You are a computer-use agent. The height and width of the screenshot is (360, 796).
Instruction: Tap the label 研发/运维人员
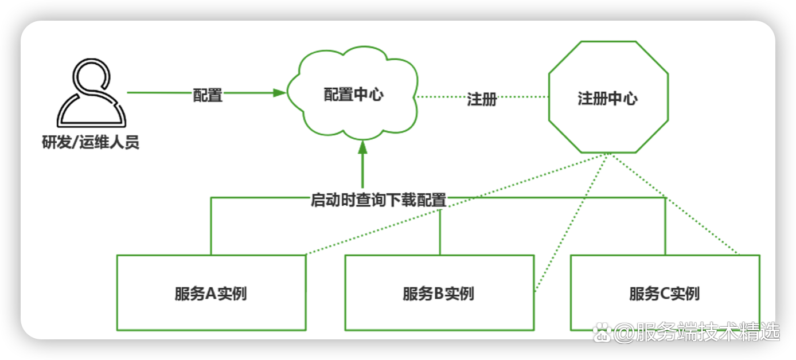[91, 142]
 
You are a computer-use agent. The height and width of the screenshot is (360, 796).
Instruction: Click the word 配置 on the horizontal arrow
[208, 96]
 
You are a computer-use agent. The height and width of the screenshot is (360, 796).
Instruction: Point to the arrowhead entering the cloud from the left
[280, 92]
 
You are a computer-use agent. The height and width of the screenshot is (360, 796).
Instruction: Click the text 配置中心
[354, 95]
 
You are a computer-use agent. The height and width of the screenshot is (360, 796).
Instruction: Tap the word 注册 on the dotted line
[482, 99]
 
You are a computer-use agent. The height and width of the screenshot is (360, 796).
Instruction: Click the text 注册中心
[607, 99]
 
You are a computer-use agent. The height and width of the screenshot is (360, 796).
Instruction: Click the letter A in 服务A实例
[210, 295]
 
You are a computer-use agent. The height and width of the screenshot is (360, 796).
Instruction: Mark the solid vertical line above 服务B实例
[440, 232]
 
